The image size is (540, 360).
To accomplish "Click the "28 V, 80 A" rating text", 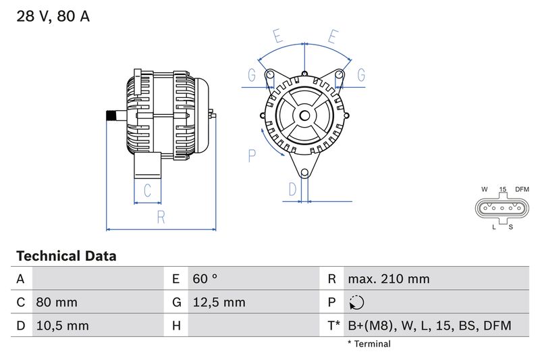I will point(53,17).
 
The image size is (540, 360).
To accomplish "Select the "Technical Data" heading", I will point(66,256).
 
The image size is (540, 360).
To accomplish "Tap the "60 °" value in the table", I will point(205,279).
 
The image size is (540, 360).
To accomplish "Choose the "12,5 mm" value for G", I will point(219,302).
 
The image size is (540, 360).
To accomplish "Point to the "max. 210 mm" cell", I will point(388,279).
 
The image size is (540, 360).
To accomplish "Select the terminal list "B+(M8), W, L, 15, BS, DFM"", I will point(429,326).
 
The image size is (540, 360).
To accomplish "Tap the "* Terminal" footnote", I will point(369,344).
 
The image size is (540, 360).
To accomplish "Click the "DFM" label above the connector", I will point(522,189).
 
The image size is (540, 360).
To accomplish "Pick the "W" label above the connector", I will point(485,189).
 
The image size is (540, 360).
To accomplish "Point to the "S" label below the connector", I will point(511,227).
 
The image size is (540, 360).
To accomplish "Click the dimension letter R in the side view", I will point(161,217).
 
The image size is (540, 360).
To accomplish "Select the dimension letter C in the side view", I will point(147,189).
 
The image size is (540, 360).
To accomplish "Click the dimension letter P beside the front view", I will point(252,156).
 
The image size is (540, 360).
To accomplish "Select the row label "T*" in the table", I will point(333,326).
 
